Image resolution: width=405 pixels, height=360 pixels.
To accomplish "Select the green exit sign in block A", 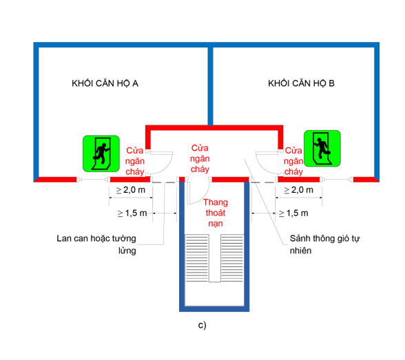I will coord(101,153).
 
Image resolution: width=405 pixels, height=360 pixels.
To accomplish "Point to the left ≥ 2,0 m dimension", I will coord(129,189).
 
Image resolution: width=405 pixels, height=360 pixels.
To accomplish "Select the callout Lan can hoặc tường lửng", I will coord(96,245).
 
